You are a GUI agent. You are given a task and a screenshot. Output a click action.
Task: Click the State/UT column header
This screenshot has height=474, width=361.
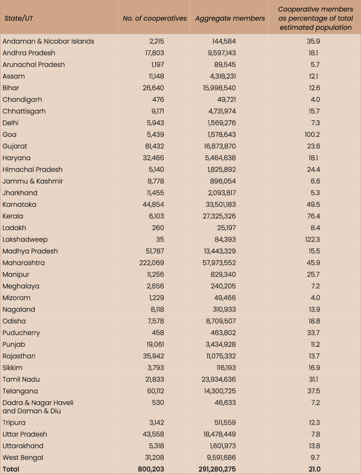coord(19,18)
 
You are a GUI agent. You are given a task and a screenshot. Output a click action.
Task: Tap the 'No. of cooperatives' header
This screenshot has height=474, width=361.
coord(155,18)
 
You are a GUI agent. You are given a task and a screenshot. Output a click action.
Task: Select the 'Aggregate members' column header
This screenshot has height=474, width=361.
coord(230,19)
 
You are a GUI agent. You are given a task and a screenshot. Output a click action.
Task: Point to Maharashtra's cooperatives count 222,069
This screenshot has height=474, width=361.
coord(152,263)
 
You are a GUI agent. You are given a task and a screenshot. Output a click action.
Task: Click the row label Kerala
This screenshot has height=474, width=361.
coord(13,216)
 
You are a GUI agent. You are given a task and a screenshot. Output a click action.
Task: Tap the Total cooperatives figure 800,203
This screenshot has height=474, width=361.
coord(151,469)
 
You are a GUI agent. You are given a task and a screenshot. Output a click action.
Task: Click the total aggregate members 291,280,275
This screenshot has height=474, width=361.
coord(217,469)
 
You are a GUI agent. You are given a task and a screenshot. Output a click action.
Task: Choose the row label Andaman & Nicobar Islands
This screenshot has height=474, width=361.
coord(48,41)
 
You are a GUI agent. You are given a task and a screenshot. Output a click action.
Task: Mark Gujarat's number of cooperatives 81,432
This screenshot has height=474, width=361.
coord(155,146)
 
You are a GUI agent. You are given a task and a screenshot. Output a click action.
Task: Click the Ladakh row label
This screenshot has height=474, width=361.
coord(14,228)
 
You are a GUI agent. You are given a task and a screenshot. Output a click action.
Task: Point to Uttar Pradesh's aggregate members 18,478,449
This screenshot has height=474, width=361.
coord(219,434)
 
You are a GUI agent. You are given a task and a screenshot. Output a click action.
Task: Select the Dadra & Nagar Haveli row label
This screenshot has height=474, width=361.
coord(38,406)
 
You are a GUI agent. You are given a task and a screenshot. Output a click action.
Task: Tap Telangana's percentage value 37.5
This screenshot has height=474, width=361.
coord(313,391)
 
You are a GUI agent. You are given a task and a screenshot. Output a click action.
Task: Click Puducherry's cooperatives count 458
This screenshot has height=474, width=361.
coord(158,332)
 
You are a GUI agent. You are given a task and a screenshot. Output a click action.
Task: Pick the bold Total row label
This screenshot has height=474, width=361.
coord(11,469)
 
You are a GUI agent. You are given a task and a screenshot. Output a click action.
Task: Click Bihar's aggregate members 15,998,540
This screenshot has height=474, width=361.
coord(219,87)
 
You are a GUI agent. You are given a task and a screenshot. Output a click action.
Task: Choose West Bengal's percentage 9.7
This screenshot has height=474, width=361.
coord(315,458)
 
